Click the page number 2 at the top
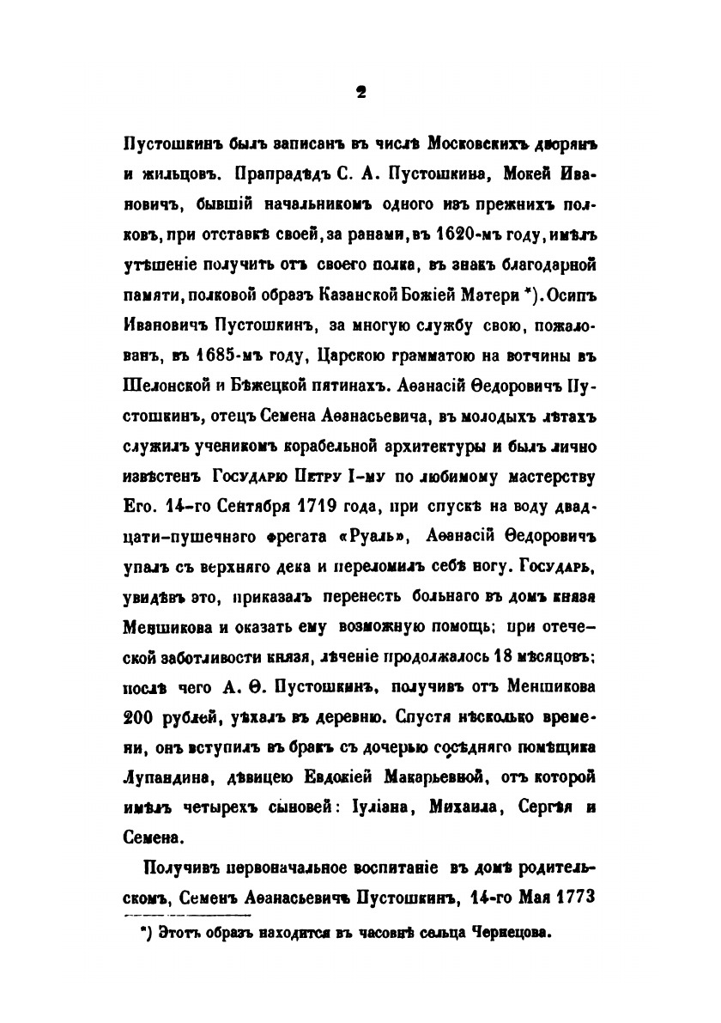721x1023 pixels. (x=360, y=95)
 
